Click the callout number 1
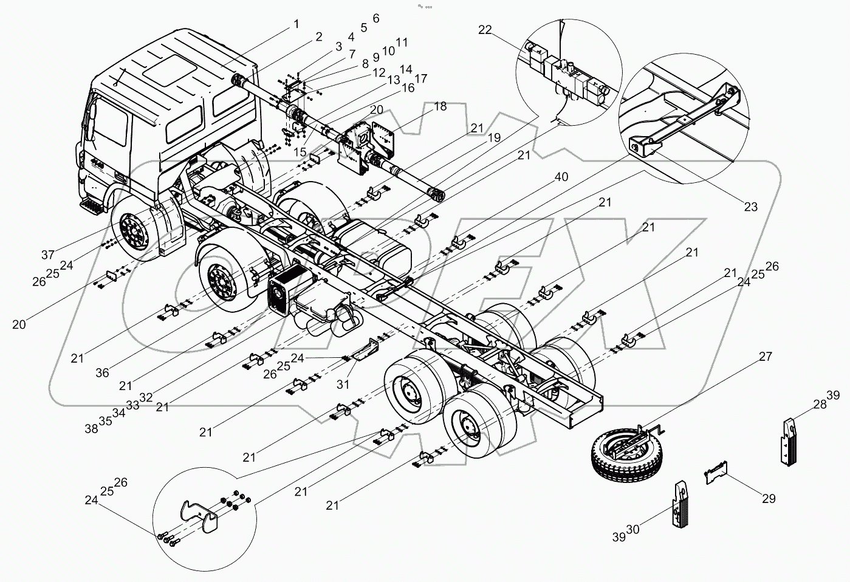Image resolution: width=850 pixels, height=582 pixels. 296,24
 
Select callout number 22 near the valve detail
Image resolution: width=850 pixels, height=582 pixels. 485,30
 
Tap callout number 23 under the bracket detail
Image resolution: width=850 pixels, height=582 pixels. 751,207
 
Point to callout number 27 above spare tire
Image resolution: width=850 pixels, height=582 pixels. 765,357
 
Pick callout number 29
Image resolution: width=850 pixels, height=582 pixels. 769,499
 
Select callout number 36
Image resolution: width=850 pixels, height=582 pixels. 102,373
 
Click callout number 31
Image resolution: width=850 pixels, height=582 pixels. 343,384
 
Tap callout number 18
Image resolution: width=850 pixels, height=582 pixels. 440,107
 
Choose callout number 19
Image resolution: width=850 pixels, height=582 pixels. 493,138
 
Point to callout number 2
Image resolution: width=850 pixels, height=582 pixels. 318,37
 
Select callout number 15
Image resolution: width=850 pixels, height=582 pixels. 300,152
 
